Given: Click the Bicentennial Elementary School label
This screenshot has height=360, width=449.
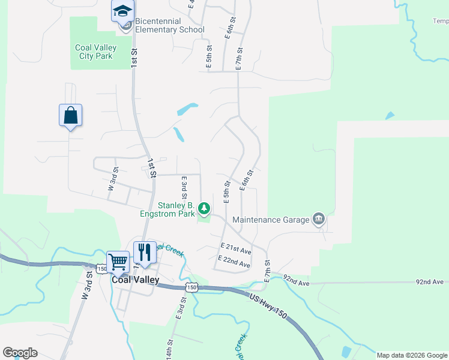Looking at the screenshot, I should [x=169, y=25].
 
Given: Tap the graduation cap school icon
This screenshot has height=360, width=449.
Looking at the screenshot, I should [x=122, y=11].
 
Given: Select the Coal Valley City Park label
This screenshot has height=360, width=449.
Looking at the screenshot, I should [x=94, y=52].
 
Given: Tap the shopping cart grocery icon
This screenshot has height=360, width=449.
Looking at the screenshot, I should [x=118, y=262].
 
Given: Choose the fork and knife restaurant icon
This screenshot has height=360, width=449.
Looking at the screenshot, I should [x=145, y=251].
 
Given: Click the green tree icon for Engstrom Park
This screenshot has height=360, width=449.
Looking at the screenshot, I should [x=204, y=209].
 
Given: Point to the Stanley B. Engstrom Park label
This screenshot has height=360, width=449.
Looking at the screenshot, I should [x=175, y=209].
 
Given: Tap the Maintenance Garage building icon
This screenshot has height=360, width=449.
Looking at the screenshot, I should [x=319, y=219].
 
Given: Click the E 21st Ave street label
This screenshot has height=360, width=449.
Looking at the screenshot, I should [x=235, y=248].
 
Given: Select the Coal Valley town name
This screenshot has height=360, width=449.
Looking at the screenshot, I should [x=135, y=280].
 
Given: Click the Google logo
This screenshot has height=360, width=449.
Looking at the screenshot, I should [x=20, y=353].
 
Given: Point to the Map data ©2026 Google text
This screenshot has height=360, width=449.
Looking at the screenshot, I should [x=412, y=355].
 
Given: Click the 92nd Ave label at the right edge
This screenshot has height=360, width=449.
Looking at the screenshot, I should [x=430, y=281].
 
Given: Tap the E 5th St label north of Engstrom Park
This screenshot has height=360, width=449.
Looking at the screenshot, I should [x=227, y=192].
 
